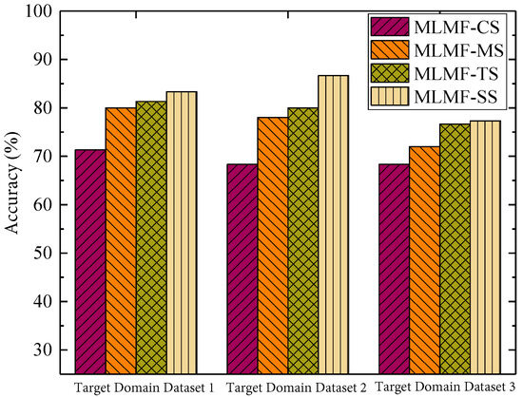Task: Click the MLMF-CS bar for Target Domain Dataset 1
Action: click(90, 261)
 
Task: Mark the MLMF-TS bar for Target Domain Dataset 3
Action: click(455, 248)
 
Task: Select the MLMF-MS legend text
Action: click(459, 48)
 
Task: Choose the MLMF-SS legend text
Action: click(458, 96)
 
